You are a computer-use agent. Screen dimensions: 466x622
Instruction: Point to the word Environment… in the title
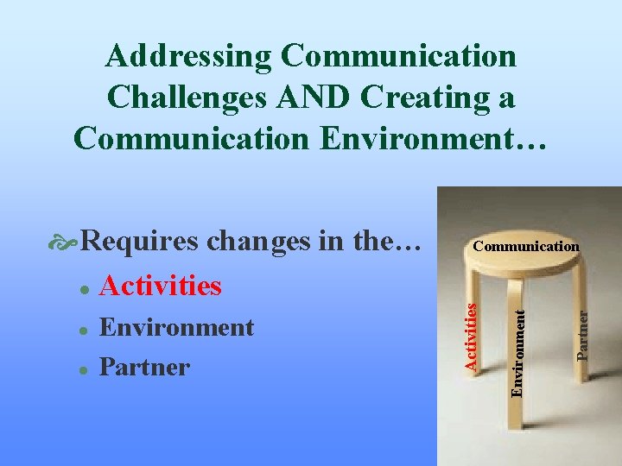(x=435, y=136)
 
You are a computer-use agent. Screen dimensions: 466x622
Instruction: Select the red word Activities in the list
(x=161, y=285)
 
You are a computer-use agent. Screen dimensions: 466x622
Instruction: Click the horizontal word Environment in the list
(x=176, y=328)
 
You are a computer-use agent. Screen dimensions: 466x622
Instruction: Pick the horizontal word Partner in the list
(x=144, y=367)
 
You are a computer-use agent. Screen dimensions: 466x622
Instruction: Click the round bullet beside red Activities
(x=81, y=287)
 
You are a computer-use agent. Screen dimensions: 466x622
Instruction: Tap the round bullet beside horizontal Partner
(x=81, y=369)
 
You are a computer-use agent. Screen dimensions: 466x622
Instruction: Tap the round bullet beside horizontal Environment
(x=81, y=331)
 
